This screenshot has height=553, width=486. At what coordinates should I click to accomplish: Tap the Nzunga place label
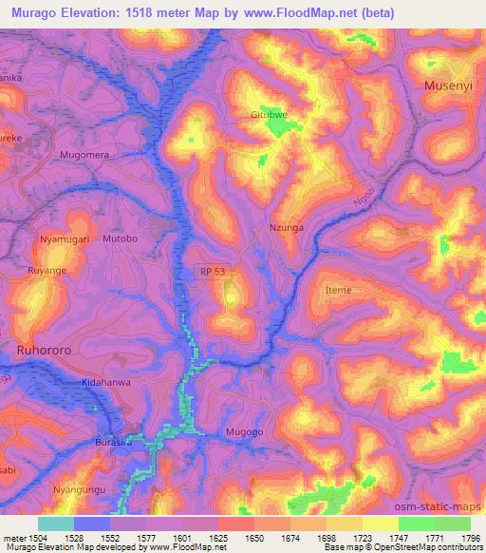coord(286,229)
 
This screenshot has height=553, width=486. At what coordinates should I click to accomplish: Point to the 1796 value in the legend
coord(469,537)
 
